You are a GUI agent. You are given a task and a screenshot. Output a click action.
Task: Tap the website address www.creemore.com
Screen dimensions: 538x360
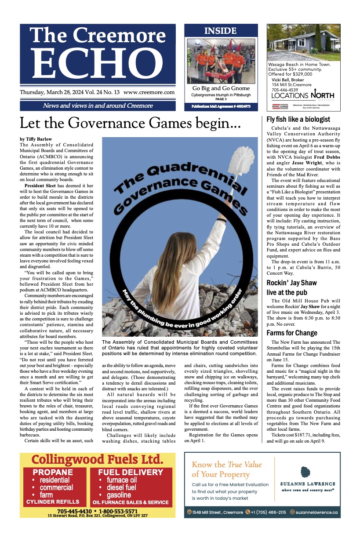[149, 92]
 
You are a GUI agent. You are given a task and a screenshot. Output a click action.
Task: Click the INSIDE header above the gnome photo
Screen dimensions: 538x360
[220, 31]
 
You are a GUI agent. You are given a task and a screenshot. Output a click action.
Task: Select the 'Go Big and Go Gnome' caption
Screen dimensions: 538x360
[221, 88]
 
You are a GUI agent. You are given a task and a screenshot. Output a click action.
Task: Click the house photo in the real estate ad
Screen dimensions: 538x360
[304, 43]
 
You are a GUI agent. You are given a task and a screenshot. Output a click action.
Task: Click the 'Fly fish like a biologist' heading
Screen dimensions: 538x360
[298, 120]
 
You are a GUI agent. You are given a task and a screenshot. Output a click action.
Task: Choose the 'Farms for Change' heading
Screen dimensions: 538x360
[292, 333]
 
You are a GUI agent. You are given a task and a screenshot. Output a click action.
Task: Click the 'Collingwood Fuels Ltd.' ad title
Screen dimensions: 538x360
[97, 460]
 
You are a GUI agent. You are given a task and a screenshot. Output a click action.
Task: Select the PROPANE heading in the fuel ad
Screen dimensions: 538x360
[53, 473]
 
